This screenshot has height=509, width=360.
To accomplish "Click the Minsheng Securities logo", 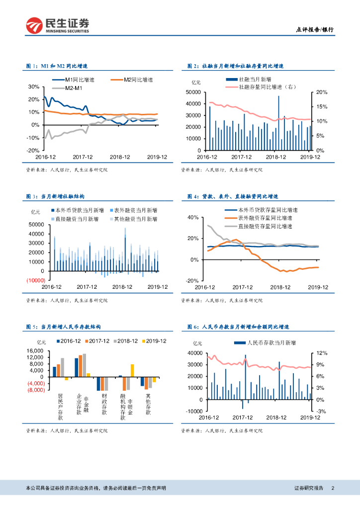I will [x=58, y=25].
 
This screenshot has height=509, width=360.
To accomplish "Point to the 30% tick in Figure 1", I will [x=33, y=86].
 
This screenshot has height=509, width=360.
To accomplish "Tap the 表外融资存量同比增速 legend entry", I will [x=263, y=218].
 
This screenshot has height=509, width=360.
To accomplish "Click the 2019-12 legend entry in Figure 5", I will [x=156, y=341].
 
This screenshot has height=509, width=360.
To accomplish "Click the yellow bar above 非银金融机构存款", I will [x=132, y=370].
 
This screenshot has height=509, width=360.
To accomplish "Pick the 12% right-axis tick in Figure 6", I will [x=322, y=353].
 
